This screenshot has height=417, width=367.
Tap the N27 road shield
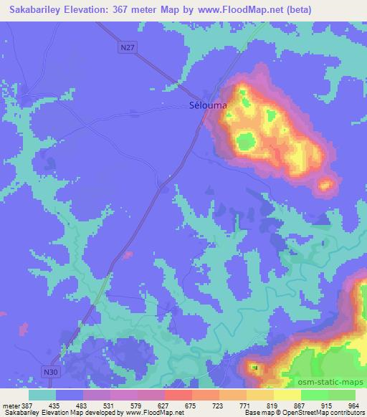[x=128, y=48]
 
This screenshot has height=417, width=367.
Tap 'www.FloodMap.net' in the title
[x=259, y=9]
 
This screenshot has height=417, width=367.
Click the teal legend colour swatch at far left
[x=42, y=394]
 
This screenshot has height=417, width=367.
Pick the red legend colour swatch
[x=177, y=394]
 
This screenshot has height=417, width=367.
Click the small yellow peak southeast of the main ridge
[x=325, y=186]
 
